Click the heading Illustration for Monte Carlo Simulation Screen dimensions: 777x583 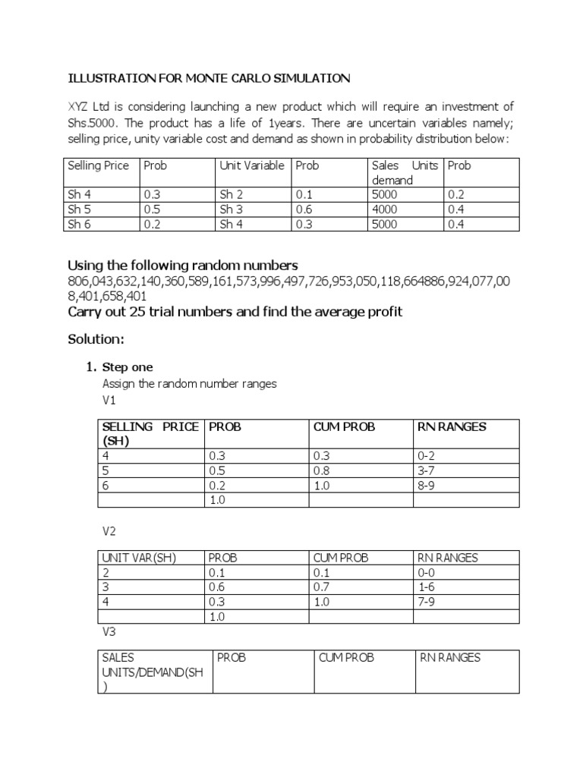coord(210,78)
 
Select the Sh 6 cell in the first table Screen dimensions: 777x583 coord(80,223)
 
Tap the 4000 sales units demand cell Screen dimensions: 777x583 coord(383,209)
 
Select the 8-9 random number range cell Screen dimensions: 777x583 coord(427,485)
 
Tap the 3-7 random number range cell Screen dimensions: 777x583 coord(427,470)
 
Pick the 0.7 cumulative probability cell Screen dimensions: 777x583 coord(322,587)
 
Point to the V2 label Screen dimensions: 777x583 coord(110,531)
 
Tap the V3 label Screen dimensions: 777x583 coord(110,631)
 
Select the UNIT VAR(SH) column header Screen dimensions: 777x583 coord(139,558)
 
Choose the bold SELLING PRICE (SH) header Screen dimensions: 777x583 coord(150,433)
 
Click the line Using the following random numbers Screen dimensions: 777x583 coord(183,266)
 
